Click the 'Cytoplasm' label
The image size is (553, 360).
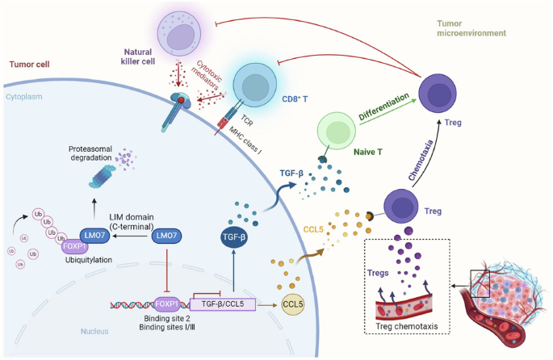25,94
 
